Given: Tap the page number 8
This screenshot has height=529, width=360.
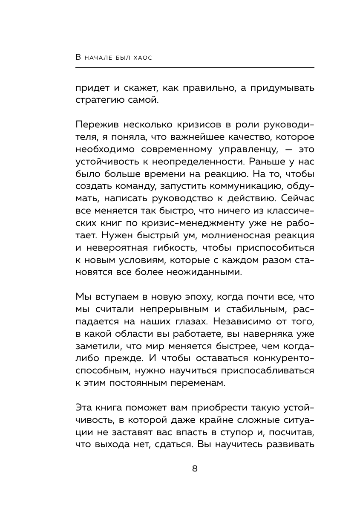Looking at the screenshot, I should coord(195,469).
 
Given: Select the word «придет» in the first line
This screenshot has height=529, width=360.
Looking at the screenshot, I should coord(92,88).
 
